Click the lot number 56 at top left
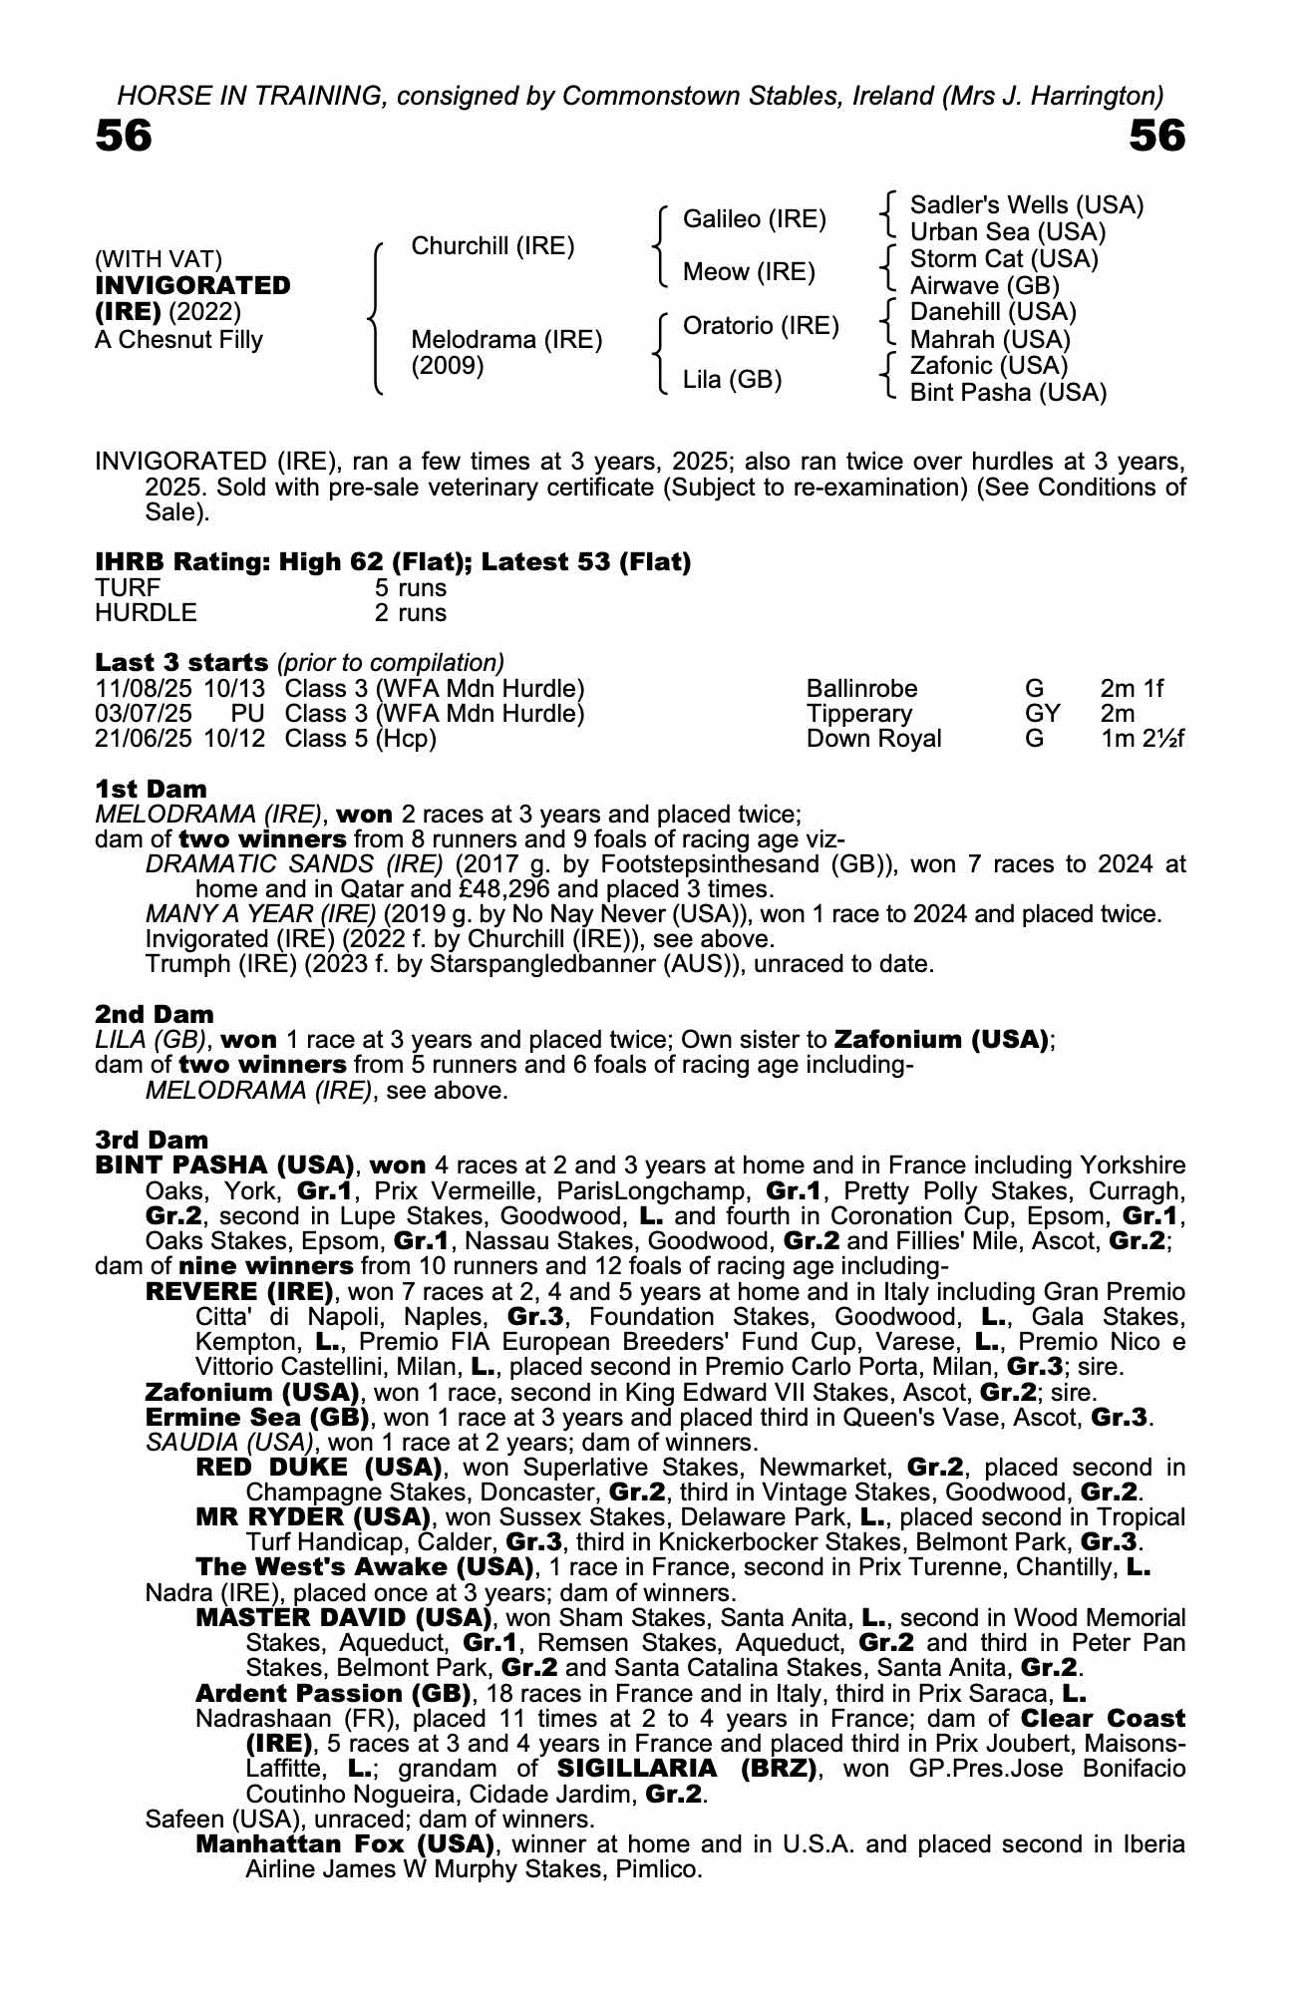[x=124, y=137]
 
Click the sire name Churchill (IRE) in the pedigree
[x=492, y=246]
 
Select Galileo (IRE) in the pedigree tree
[x=754, y=219]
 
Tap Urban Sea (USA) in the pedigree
[x=1008, y=232]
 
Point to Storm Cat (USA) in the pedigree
[x=1004, y=259]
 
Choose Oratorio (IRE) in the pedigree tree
[x=761, y=326]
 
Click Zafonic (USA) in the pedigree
[x=989, y=366]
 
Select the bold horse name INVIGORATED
[x=193, y=285]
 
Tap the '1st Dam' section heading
[x=151, y=790]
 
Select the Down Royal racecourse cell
[x=873, y=739]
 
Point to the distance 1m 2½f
[x=1142, y=739]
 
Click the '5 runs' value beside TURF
[x=410, y=588]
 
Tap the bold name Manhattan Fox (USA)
[x=345, y=1843]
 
